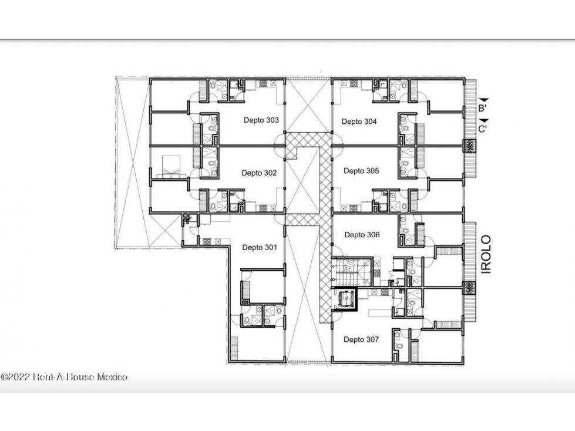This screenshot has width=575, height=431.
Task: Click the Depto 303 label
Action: pos(261,120)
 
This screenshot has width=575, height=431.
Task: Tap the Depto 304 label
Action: pos(359,122)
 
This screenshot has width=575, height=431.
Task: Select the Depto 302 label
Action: pos(259,173)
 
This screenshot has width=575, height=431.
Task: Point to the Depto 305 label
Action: pos(361,171)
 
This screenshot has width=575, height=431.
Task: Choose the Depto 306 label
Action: pos(362,234)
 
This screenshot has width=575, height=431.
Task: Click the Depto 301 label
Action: pos(260,247)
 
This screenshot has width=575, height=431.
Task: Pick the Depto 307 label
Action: pos(361,339)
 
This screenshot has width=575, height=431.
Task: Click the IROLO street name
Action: pos(486,254)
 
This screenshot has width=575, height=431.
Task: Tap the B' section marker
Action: pos(482,108)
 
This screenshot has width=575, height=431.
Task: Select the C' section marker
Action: pos(483,129)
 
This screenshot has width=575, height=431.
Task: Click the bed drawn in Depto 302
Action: pos(172,167)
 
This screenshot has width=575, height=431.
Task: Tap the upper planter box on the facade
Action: pos(469,146)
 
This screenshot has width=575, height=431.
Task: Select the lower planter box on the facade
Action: pos(469,288)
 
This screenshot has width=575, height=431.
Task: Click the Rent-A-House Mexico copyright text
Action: pos(64,377)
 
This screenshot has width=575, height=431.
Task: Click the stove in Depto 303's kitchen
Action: pos(264,84)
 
